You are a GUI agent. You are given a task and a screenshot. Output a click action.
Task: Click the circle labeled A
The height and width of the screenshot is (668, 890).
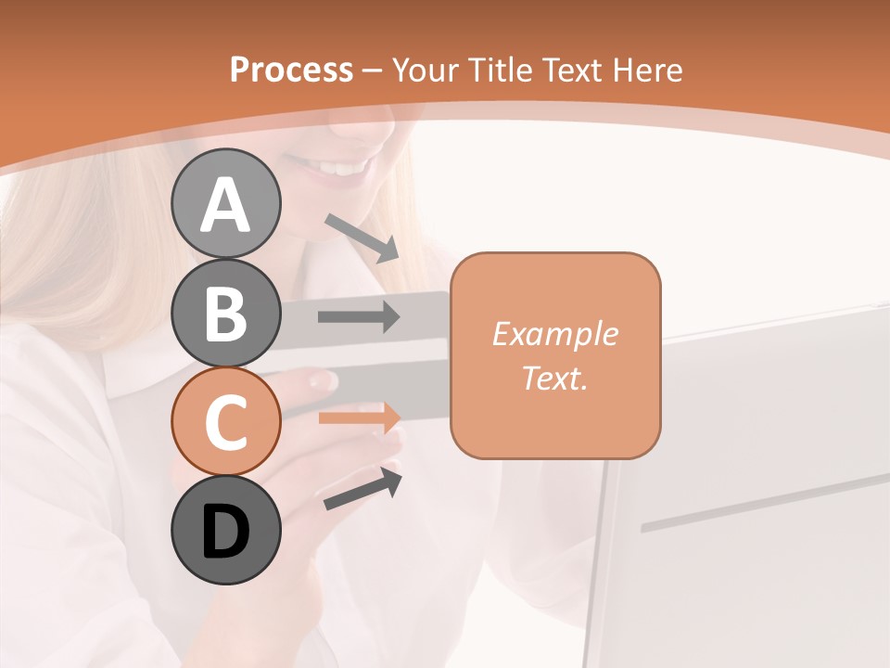pyautogui.click(x=225, y=203)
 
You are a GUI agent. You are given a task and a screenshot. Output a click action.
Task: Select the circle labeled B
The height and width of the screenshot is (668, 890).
pyautogui.click(x=225, y=313)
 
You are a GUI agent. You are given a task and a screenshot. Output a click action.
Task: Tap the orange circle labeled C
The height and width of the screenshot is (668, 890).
pyautogui.click(x=225, y=422)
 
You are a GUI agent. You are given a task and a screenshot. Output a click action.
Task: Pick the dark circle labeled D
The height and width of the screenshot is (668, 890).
pyautogui.click(x=225, y=531)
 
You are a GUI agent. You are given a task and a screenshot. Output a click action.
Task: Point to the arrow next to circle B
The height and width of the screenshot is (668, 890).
pyautogui.click(x=359, y=317)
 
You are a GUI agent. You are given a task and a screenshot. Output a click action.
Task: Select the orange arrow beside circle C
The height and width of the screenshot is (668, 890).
pyautogui.click(x=359, y=417)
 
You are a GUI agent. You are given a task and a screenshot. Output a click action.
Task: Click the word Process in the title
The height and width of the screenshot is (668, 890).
pyautogui.click(x=291, y=70)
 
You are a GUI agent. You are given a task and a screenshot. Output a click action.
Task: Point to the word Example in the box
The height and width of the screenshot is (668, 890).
pyautogui.click(x=554, y=334)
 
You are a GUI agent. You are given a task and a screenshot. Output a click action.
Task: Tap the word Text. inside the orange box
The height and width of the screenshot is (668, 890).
pyautogui.click(x=554, y=378)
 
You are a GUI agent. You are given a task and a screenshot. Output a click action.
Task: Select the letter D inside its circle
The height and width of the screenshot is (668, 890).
pyautogui.click(x=225, y=533)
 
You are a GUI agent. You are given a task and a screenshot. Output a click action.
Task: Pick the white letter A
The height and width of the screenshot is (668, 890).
pyautogui.click(x=225, y=205)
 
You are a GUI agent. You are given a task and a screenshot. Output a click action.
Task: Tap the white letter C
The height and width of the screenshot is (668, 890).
pyautogui.click(x=225, y=423)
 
